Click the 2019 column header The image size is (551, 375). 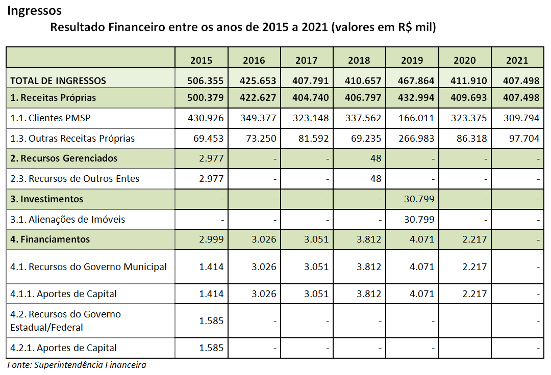412,60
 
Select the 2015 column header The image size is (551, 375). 201,60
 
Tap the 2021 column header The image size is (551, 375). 517,60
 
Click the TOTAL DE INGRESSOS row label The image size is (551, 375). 58,81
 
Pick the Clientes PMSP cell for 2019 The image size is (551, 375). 417,118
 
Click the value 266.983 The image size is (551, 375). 417,138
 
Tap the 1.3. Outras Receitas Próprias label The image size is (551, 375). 72,138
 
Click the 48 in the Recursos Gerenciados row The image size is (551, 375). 375,158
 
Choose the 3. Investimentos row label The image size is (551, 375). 46,199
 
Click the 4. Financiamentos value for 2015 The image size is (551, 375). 211,239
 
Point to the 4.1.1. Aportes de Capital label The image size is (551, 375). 63,293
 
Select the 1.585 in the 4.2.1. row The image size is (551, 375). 211,348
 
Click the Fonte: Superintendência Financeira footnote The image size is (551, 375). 77,365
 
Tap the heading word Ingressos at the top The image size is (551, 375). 34,10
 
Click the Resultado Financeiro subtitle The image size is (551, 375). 242,27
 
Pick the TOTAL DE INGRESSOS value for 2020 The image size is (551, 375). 470,81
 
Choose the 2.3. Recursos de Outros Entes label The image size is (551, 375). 74,178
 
